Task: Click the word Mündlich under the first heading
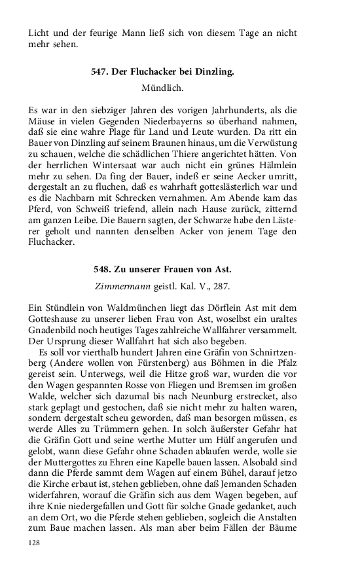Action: click(x=162, y=86)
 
